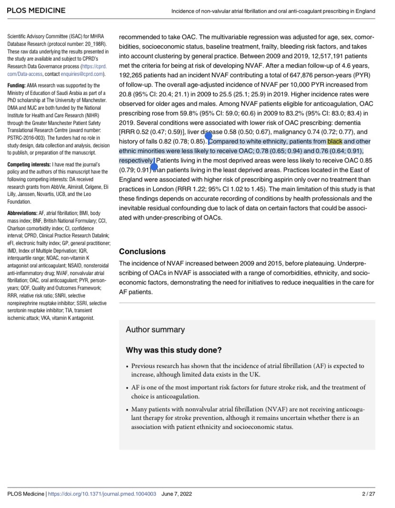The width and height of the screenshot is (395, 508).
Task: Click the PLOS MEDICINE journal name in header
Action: [36, 10]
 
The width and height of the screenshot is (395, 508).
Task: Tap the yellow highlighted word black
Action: [334, 142]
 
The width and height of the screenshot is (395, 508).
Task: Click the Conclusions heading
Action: [142, 251]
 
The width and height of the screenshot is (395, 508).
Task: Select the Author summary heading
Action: [155, 329]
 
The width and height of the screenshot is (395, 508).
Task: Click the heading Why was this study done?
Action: [174, 350]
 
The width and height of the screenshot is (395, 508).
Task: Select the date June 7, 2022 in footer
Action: [177, 494]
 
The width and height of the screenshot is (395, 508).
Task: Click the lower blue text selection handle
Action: [154, 166]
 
